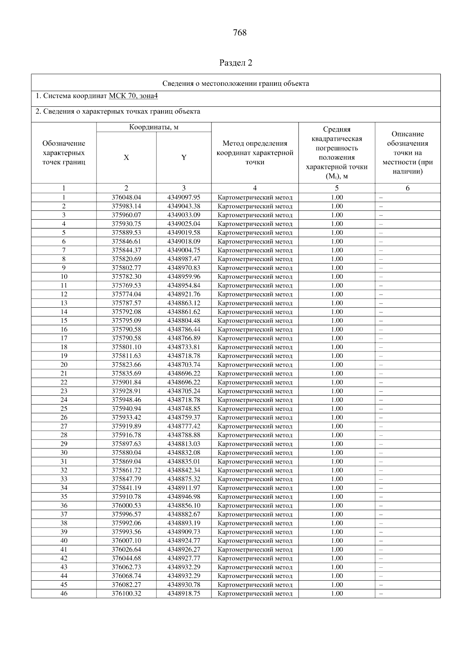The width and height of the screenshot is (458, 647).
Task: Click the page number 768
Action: point(240,33)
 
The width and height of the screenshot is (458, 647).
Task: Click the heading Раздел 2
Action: point(236,63)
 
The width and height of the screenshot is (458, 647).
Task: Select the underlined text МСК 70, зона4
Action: point(133,96)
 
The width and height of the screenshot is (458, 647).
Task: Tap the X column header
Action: point(126,157)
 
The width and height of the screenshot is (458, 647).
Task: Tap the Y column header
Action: point(184,157)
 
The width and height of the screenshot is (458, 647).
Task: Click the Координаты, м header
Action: point(153,127)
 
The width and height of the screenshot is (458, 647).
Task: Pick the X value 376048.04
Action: point(126,197)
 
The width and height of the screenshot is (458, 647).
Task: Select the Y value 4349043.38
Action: point(184,206)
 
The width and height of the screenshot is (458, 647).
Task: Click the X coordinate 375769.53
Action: point(126,286)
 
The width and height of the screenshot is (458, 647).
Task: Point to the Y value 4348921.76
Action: point(184,294)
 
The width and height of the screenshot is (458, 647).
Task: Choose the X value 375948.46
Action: point(126,400)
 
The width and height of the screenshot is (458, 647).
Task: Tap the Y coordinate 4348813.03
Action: point(184,444)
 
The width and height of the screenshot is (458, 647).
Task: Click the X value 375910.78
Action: point(126,497)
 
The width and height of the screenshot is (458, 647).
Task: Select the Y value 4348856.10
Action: point(184,506)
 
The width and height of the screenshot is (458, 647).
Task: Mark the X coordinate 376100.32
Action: point(126,594)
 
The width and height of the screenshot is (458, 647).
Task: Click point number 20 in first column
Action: point(64,365)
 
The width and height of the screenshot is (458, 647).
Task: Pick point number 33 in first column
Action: point(64,479)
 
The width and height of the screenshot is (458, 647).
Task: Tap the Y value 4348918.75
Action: point(184,594)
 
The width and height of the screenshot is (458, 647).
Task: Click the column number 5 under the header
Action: point(337,188)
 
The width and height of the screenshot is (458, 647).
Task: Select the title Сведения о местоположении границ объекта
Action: point(236,83)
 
